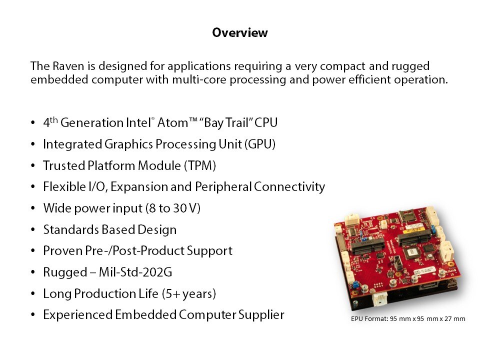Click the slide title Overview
[239, 32]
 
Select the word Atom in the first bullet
[172, 123]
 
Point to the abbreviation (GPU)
[259, 144]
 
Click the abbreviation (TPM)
[200, 165]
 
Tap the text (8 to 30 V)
[173, 208]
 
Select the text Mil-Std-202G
[135, 272]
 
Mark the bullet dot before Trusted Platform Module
[33, 166]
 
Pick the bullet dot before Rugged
[33, 272]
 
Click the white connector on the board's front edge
[379, 298]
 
